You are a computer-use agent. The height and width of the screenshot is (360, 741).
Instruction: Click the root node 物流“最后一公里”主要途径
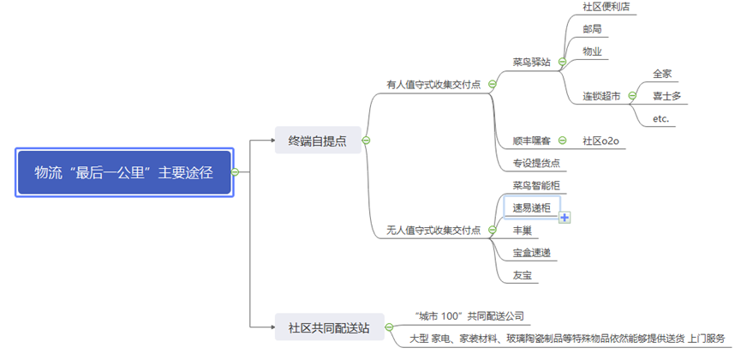123,172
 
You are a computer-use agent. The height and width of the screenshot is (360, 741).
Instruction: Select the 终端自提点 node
317,141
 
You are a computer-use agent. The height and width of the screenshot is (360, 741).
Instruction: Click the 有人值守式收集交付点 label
433,84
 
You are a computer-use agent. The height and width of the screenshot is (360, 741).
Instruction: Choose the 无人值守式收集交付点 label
433,230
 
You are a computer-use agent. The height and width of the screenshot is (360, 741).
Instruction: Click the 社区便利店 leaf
607,7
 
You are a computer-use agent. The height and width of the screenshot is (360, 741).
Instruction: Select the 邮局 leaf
591,29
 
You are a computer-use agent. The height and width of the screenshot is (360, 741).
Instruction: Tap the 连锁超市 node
603,96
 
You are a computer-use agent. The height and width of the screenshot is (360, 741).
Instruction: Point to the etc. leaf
660,118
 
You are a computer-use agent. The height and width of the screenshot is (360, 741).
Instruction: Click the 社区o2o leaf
601,140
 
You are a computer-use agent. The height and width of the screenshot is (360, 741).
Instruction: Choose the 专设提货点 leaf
536,162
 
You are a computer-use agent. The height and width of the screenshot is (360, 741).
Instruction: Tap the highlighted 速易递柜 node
531,207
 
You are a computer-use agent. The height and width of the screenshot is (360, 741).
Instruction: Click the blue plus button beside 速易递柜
565,218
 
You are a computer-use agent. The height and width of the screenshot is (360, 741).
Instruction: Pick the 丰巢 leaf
523,230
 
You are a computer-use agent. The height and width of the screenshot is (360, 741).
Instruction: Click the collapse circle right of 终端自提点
366,141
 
